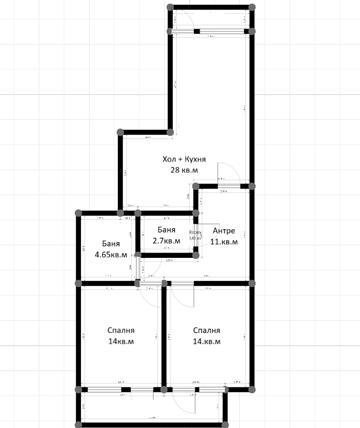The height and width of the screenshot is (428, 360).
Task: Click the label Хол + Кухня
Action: click(x=184, y=159)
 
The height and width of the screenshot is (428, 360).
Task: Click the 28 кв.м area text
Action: click(x=184, y=170)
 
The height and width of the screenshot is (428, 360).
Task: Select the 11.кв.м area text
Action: click(x=224, y=242)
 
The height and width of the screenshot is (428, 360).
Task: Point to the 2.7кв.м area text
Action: click(x=166, y=241)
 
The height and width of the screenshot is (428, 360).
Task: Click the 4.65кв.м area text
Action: click(x=111, y=254)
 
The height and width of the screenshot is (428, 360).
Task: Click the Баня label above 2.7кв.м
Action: click(x=166, y=230)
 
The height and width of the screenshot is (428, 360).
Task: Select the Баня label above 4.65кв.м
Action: click(x=111, y=243)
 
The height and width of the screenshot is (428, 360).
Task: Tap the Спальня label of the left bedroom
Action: click(x=121, y=330)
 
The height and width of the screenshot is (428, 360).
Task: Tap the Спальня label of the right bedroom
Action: click(x=207, y=330)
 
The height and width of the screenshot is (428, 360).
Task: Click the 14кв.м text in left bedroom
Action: click(x=121, y=342)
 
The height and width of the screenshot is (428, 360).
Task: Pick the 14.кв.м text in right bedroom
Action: click(x=207, y=342)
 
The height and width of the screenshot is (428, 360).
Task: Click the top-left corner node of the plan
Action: click(x=170, y=7)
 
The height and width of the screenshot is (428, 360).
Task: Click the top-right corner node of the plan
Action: click(x=252, y=7)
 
